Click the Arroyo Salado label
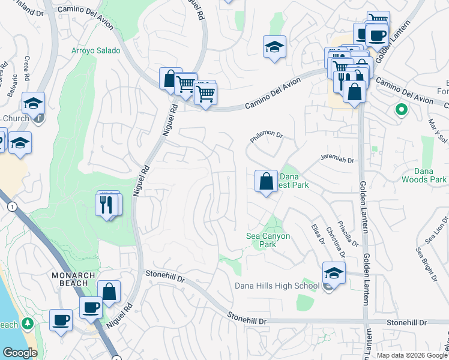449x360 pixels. [x=96, y=51]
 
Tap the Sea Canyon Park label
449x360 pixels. [x=268, y=240]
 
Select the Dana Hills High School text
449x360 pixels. [x=277, y=286]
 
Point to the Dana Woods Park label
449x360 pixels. [x=430, y=175]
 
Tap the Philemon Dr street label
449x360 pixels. [x=266, y=137]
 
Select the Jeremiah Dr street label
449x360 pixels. [x=337, y=160]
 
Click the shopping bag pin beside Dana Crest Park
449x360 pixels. [x=265, y=181]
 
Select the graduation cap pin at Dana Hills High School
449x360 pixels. [x=334, y=273]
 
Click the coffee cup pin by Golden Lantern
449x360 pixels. [x=377, y=35]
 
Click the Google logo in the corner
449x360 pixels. [x=20, y=353]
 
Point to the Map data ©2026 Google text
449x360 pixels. [x=411, y=355]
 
